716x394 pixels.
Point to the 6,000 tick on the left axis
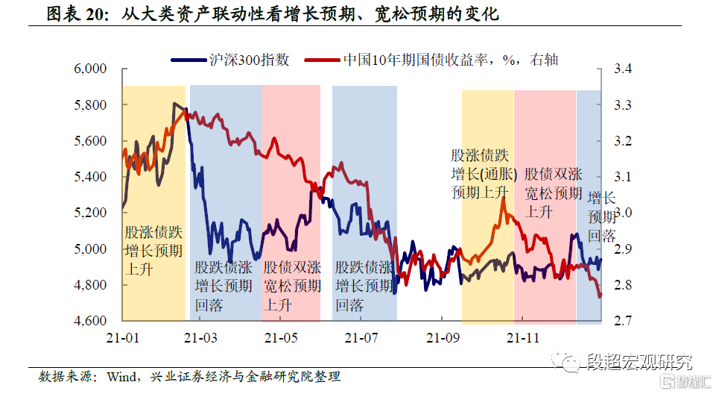click(92, 69)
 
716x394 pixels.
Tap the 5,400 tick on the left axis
click(92, 177)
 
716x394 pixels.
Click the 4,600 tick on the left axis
click(92, 321)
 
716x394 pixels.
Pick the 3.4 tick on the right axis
click(622, 69)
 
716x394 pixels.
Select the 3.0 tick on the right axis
click(622, 213)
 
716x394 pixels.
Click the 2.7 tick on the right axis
click(622, 321)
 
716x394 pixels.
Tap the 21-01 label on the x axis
click(122, 337)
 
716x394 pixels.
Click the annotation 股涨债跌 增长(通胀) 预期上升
click(480, 173)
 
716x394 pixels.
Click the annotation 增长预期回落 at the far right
click(601, 217)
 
